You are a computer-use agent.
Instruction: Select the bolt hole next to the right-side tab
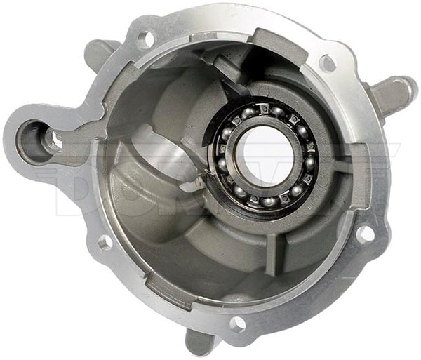pos(327,63)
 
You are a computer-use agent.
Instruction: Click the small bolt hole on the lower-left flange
pos(105,243)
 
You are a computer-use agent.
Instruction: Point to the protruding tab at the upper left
pos(100,51)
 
